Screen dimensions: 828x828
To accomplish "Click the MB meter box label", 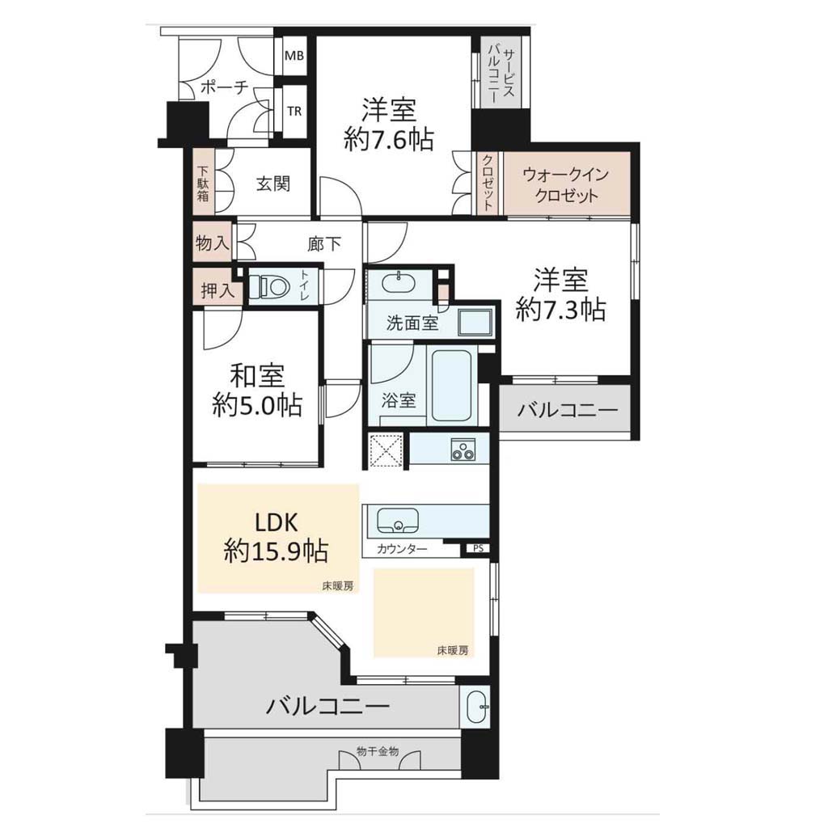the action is pyautogui.click(x=294, y=55).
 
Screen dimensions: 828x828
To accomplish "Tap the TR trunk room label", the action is pyautogui.click(x=294, y=112).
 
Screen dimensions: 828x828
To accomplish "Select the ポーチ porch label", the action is pyautogui.click(x=224, y=87).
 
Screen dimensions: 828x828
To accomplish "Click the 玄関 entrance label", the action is pyautogui.click(x=273, y=184).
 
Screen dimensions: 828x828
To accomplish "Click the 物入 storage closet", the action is pyautogui.click(x=213, y=243).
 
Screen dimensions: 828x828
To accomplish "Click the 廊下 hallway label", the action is pyautogui.click(x=324, y=243).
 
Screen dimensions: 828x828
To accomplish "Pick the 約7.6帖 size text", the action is pyautogui.click(x=389, y=141).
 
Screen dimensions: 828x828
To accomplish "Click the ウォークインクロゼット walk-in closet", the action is pyautogui.click(x=567, y=184).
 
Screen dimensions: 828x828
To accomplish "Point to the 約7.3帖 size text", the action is pyautogui.click(x=560, y=310).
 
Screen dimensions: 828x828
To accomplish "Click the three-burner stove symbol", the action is pyautogui.click(x=463, y=450).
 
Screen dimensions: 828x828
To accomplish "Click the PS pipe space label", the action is pyautogui.click(x=478, y=548).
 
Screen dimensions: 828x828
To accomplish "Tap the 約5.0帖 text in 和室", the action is pyautogui.click(x=257, y=406).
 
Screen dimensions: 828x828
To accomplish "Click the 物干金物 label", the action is pyautogui.click(x=378, y=751).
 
